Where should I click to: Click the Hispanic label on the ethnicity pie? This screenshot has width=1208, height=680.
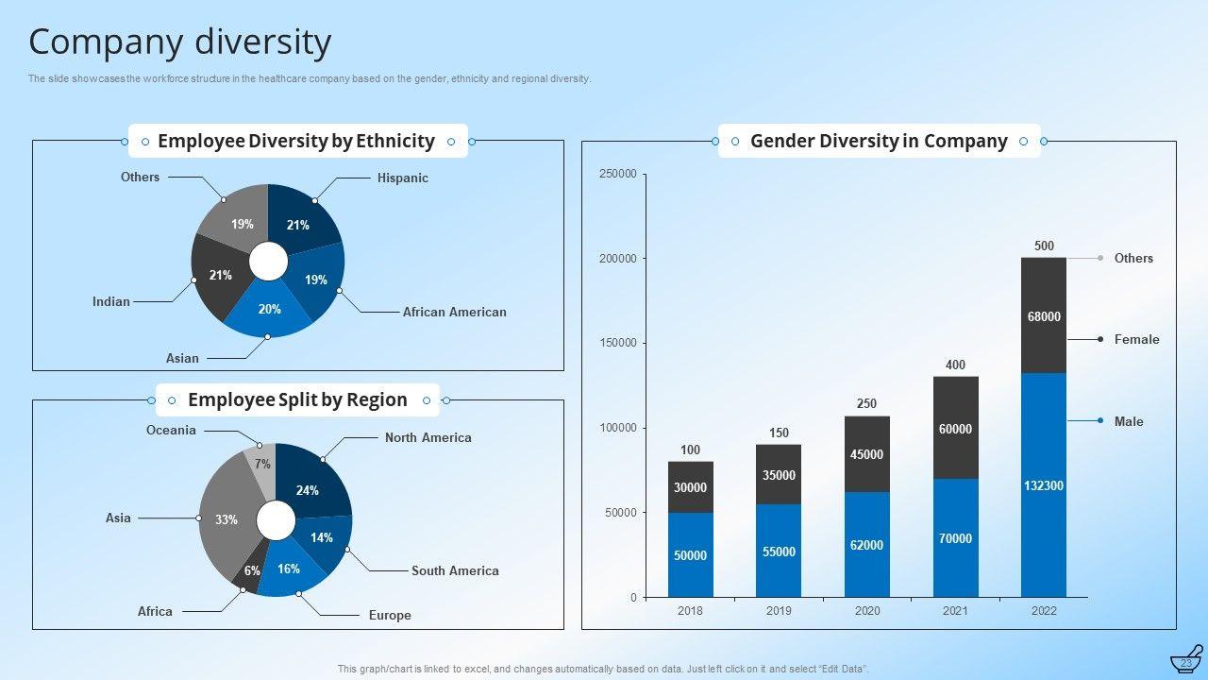(402, 178)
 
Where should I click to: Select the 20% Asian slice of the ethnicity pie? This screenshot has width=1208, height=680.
(269, 312)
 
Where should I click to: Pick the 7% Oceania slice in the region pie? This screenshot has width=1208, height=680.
(261, 462)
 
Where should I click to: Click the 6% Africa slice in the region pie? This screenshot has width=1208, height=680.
(251, 572)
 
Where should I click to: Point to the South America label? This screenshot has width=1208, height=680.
(455, 570)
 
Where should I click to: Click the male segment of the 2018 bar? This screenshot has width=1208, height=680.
(691, 555)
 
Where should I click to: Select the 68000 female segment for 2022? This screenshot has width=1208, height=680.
(1044, 316)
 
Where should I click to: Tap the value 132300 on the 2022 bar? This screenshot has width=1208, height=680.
(1044, 485)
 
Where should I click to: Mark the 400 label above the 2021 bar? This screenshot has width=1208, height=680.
(955, 365)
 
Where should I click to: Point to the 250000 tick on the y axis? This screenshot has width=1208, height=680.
(618, 174)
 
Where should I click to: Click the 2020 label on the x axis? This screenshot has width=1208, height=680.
(867, 611)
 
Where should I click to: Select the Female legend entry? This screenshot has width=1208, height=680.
(1136, 339)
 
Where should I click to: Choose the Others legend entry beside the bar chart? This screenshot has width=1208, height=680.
(1133, 258)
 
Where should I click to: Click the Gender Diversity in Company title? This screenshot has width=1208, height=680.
(879, 141)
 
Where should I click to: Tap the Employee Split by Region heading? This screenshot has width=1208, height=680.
(297, 399)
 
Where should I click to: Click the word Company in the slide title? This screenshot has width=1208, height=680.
(105, 42)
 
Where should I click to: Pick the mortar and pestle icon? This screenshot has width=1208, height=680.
(1186, 659)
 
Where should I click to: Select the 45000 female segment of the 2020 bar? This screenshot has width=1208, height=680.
(867, 454)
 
